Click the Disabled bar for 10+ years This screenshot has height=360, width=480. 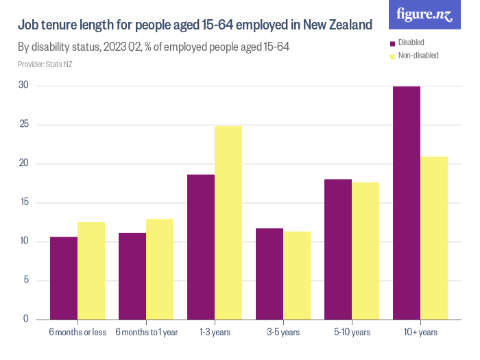407,202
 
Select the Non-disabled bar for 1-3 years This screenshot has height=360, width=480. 228,222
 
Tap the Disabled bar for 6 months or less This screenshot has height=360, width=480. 64,278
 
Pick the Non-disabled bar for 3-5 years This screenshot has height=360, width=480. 297,275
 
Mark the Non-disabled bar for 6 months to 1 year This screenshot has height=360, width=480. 160,269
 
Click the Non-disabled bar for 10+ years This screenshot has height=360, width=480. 434,237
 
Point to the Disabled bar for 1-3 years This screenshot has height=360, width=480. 201,247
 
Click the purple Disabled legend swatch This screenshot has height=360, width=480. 392,43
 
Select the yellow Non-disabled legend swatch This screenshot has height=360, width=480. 392,56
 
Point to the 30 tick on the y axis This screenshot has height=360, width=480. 24,86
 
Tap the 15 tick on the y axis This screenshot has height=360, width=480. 24,202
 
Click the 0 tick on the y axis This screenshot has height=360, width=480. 25,319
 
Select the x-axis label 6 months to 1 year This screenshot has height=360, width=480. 146,333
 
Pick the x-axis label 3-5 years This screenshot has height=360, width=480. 283,333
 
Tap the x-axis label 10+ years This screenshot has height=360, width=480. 420,333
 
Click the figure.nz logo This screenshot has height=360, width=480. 424,15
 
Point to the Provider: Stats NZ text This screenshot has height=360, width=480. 45,64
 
